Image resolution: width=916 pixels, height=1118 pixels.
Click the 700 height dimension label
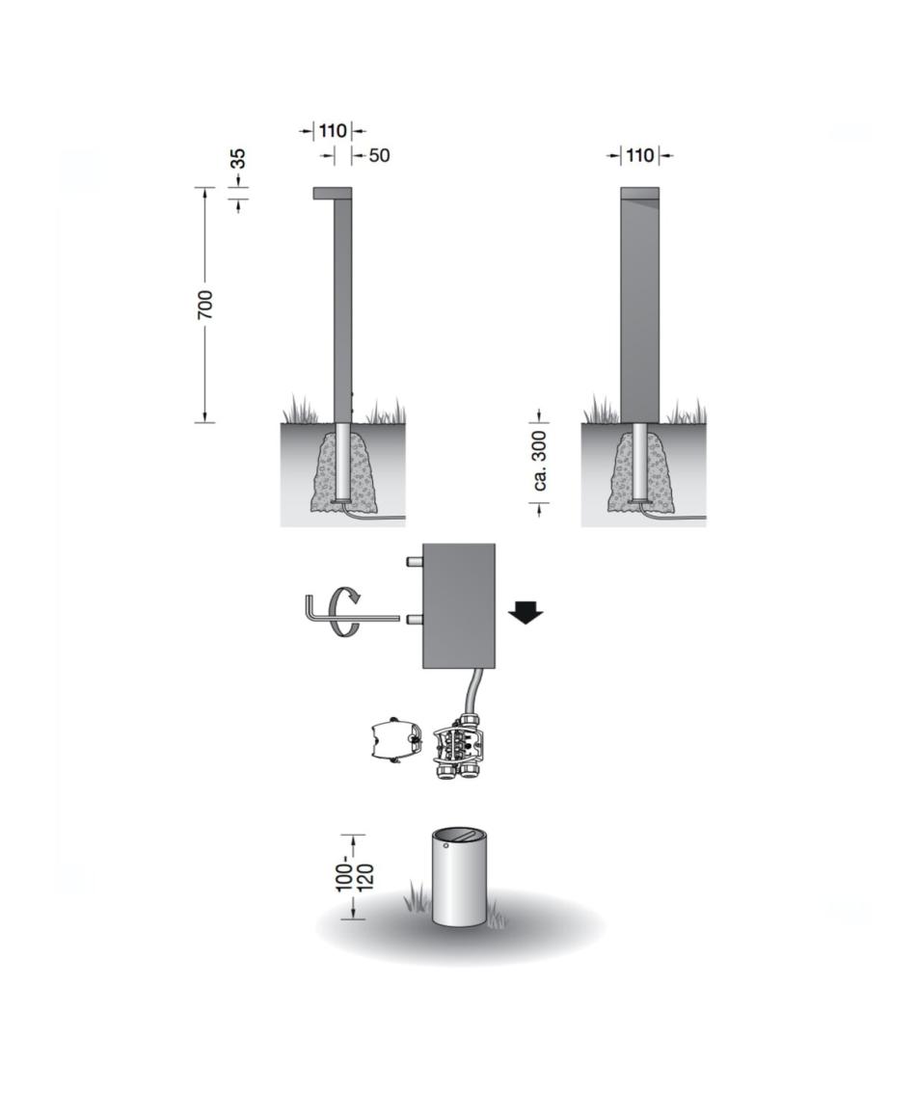(204, 305)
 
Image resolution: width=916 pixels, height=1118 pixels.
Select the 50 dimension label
(380, 155)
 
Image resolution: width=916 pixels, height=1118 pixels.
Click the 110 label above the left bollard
(334, 130)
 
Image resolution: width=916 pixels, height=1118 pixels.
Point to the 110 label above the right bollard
(640, 155)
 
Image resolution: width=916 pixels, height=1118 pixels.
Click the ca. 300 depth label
(540, 460)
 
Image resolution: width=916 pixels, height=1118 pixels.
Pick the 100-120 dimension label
(355, 876)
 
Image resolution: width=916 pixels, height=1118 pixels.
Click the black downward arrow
(525, 613)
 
